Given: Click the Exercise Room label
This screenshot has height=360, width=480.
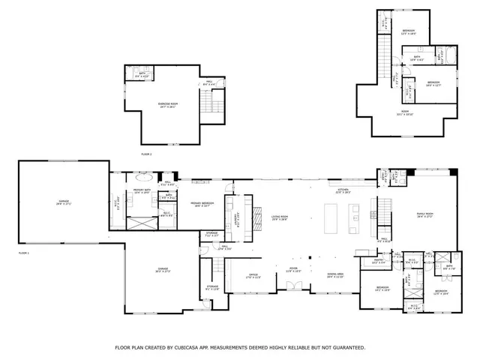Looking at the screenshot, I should pyautogui.click(x=166, y=105).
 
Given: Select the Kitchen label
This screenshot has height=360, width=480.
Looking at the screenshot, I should pyautogui.click(x=343, y=191).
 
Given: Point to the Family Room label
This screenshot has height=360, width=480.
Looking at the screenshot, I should pyautogui.click(x=425, y=216).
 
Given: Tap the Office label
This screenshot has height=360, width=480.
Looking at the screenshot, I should pyautogui.click(x=253, y=274).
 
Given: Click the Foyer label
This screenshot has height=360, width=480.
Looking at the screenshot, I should pyautogui.click(x=294, y=269).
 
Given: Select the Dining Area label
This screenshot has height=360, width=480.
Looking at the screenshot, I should pyautogui.click(x=335, y=275).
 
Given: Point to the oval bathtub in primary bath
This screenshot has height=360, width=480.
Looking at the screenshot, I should pyautogui.click(x=144, y=179).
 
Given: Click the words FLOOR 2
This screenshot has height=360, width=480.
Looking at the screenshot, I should pyautogui.click(x=146, y=154).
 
